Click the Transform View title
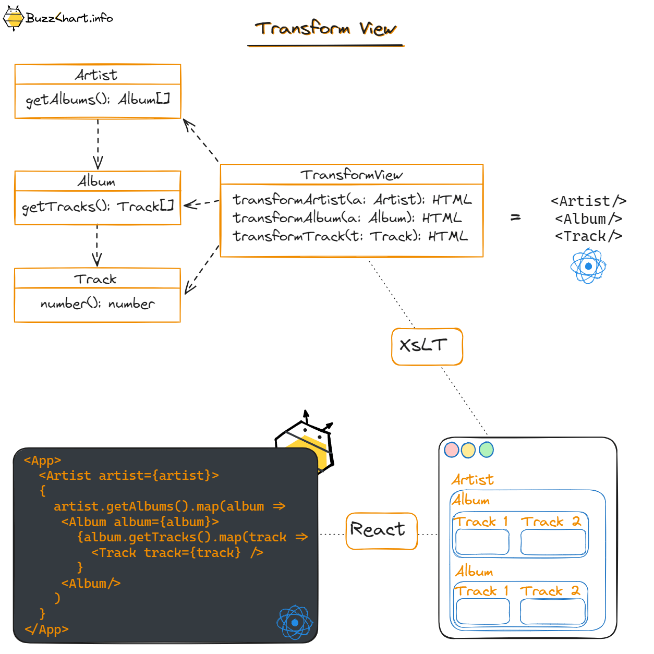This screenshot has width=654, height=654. [x=325, y=28]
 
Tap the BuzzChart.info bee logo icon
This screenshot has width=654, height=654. [x=14, y=18]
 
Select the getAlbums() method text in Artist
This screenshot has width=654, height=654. [x=98, y=99]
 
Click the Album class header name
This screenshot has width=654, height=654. [x=97, y=181]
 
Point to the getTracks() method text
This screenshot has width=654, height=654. [x=98, y=207]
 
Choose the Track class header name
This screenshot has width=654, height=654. [x=95, y=279]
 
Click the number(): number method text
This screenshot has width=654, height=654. [x=98, y=304]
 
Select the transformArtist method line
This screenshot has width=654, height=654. [x=352, y=200]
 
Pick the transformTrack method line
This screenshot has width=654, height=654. [x=350, y=236]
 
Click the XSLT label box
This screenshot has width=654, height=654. [x=427, y=346]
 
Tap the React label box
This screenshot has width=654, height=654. [x=381, y=530]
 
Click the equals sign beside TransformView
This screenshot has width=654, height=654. [x=515, y=217]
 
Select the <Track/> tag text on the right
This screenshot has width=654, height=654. [x=588, y=236]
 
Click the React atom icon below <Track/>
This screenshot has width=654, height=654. [x=588, y=266]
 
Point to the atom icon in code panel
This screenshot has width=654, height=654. [x=295, y=622]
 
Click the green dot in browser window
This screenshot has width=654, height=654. [x=486, y=450]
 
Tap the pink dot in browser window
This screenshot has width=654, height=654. [x=452, y=450]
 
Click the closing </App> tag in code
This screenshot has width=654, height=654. [x=46, y=629]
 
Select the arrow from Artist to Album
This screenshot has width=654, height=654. [x=98, y=144]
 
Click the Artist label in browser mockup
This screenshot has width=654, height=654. [x=473, y=479]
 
